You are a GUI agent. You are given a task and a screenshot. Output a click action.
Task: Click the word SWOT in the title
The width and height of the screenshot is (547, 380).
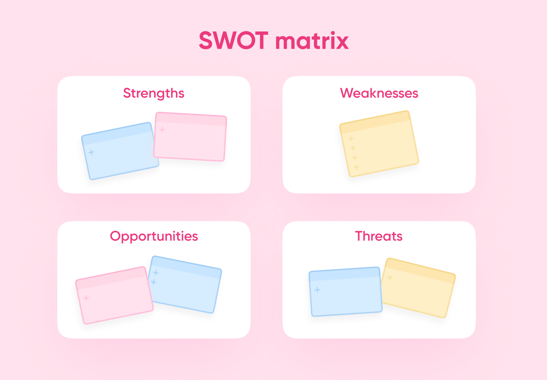[234, 40]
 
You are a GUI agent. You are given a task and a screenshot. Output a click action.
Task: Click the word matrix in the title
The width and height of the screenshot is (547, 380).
[312, 40]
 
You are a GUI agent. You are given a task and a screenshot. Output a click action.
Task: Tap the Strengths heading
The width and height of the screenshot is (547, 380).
[154, 93]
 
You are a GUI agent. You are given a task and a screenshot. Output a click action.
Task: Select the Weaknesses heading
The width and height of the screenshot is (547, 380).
[379, 93]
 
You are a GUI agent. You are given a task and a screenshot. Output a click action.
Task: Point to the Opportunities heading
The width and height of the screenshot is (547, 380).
[154, 236]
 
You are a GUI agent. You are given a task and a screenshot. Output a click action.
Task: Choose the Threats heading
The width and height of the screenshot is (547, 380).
[379, 236]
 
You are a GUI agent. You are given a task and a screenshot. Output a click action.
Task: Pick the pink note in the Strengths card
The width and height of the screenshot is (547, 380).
[190, 137]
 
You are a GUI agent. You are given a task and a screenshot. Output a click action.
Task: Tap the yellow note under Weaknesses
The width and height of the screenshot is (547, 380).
[379, 144]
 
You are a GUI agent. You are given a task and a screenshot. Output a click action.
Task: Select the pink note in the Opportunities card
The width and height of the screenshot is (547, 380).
[114, 295]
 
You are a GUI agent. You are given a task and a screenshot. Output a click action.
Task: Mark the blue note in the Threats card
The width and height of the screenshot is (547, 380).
[345, 292]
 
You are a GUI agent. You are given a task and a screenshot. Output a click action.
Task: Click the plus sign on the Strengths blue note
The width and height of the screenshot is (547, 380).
[91, 152]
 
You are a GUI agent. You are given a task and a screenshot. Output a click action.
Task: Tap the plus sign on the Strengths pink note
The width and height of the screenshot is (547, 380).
[162, 130]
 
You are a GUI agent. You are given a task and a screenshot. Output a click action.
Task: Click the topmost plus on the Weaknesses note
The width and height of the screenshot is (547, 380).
[351, 139]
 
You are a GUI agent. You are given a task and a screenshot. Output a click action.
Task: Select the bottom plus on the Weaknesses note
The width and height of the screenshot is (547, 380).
[356, 167]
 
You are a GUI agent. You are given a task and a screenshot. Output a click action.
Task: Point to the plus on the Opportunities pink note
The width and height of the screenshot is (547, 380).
[86, 298]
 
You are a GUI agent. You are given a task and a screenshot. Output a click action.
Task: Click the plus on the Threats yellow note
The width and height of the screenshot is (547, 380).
[390, 278]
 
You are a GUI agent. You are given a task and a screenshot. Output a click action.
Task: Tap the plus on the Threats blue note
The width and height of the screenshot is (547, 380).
[317, 290]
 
